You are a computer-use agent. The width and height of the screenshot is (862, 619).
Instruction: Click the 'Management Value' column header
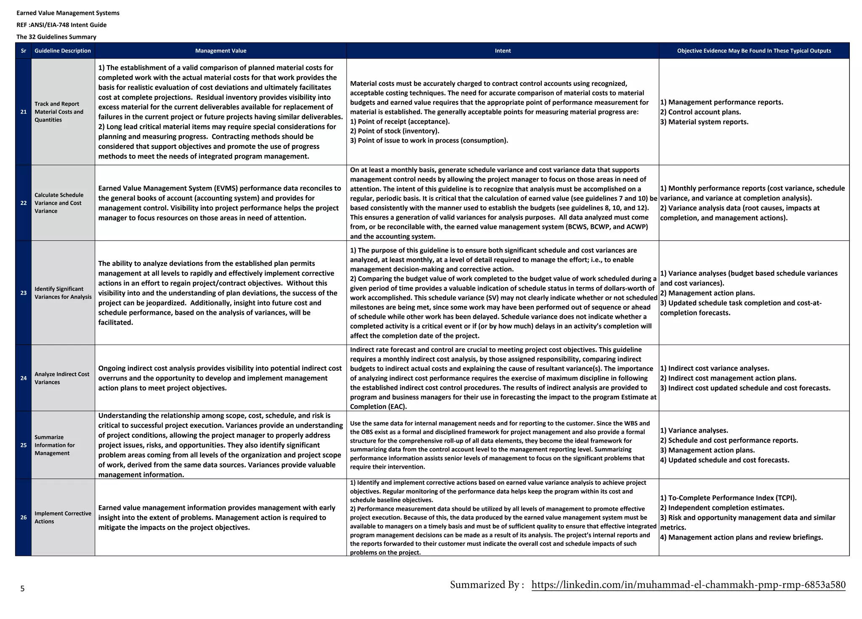click(x=221, y=51)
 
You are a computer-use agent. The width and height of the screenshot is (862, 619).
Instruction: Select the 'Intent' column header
click(x=503, y=51)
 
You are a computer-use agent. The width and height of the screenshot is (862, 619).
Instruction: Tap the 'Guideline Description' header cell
click(x=63, y=51)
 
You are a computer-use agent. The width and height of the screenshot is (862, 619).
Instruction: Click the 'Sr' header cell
click(x=24, y=51)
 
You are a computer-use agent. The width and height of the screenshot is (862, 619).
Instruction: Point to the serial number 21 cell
click(x=24, y=112)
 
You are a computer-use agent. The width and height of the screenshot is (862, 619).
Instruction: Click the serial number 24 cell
click(x=24, y=378)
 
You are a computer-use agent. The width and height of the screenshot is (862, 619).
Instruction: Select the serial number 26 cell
click(x=24, y=518)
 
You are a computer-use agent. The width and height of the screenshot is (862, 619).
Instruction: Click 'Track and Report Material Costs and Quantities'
click(x=59, y=112)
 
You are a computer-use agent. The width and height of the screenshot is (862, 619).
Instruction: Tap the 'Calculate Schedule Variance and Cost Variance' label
click(x=59, y=203)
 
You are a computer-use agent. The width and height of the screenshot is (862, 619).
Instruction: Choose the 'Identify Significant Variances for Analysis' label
click(x=63, y=293)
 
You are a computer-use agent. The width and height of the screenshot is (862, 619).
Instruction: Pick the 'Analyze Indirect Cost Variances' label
click(x=61, y=378)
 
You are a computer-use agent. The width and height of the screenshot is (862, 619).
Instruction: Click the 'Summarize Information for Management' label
click(x=55, y=445)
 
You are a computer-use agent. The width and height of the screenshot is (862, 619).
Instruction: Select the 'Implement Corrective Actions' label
click(x=62, y=518)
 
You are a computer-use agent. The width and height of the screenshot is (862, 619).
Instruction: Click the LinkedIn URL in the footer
click(x=688, y=585)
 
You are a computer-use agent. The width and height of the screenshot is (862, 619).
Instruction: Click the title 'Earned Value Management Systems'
click(x=68, y=13)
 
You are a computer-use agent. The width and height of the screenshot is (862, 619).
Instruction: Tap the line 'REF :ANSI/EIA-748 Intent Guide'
click(x=61, y=25)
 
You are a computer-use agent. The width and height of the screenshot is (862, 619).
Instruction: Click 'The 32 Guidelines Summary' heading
click(x=56, y=37)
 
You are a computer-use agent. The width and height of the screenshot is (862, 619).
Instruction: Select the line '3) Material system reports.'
click(x=704, y=122)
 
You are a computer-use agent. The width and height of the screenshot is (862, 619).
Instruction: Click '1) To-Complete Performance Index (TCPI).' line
click(x=728, y=498)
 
